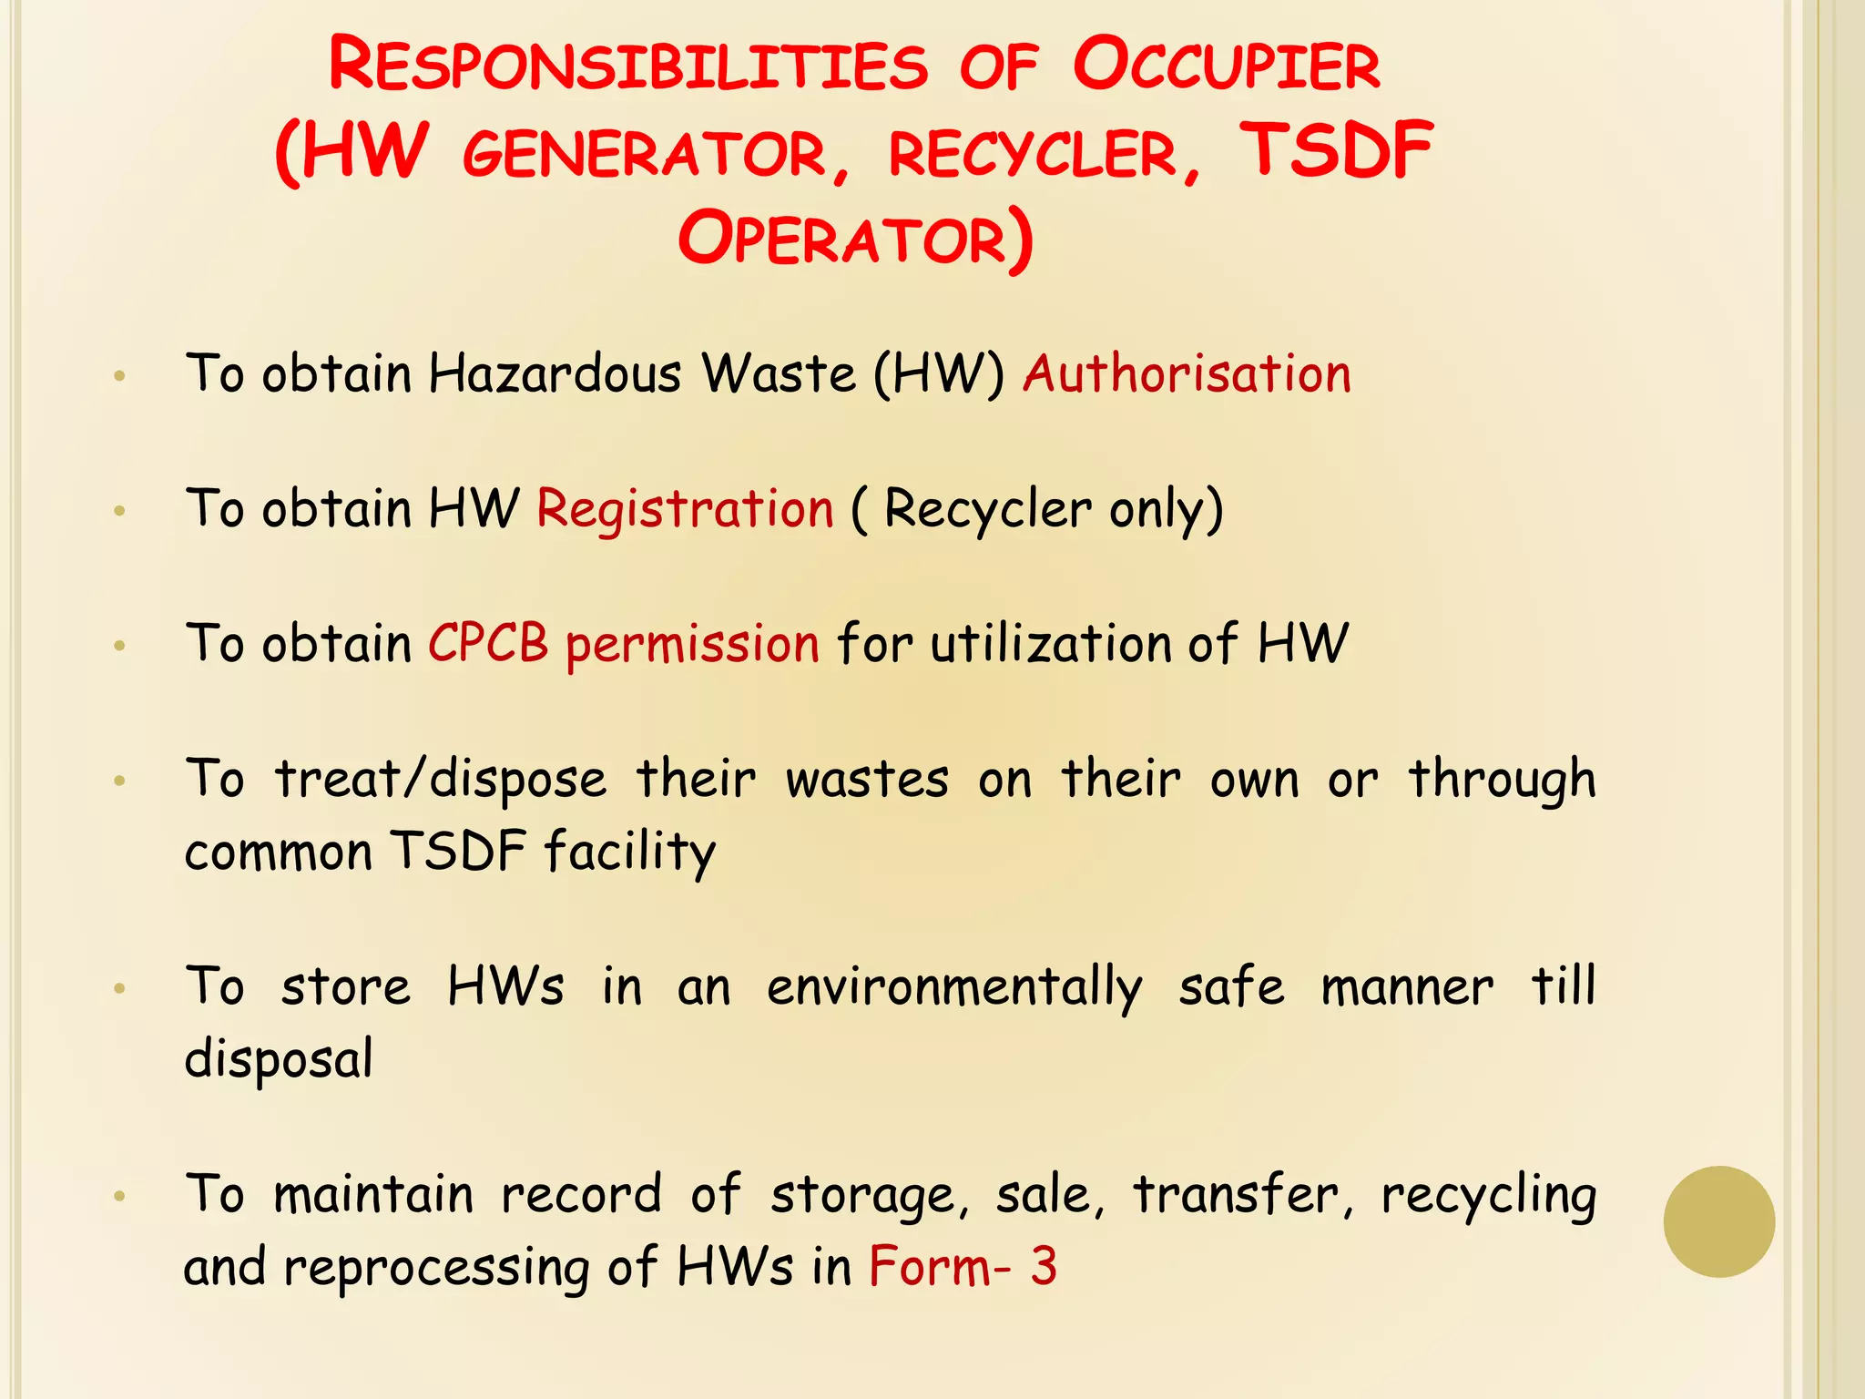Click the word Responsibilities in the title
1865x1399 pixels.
tap(628, 66)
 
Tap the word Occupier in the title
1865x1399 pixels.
tap(1226, 66)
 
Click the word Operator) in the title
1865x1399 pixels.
tap(856, 239)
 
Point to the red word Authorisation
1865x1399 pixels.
tap(1187, 373)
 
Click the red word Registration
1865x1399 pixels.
tap(685, 508)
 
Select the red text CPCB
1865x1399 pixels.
tap(488, 643)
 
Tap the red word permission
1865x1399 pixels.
tap(692, 645)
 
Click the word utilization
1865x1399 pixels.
tap(1050, 643)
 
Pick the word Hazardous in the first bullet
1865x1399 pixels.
tap(555, 373)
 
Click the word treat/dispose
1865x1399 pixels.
tap(441, 780)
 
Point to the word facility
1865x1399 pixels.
tap(630, 852)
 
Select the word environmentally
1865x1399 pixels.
tap(954, 987)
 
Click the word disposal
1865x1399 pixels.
tap(279, 1059)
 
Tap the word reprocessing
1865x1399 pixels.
tap(436, 1268)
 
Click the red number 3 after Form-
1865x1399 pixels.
tap(1044, 1266)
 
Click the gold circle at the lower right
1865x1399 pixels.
tap(1718, 1221)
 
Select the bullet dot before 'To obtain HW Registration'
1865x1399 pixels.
tap(119, 511)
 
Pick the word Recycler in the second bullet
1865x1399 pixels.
tap(987, 508)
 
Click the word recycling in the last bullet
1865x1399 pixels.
tap(1488, 1195)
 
